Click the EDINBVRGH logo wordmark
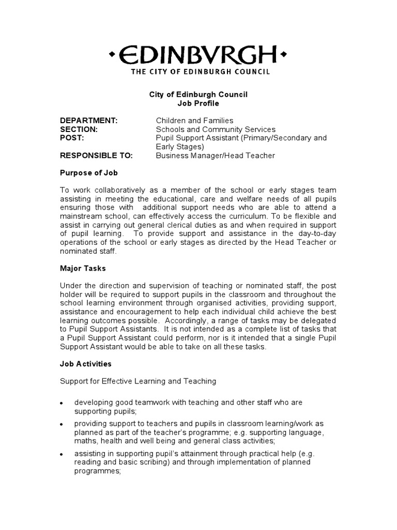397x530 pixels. [198, 54]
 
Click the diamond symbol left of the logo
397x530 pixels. [112, 54]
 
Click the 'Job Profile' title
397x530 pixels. [198, 104]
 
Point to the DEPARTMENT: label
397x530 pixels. [89, 121]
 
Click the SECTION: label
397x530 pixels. [79, 129]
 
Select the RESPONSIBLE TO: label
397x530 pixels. [97, 155]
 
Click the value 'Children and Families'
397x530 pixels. [195, 121]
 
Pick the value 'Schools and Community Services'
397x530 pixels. [216, 129]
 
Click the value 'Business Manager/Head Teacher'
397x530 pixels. [216, 155]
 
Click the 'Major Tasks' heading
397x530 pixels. [83, 269]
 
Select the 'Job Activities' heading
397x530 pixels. [86, 364]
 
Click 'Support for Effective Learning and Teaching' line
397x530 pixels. [138, 381]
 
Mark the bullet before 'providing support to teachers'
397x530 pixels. [62, 424]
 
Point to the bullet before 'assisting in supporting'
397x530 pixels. [62, 454]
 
